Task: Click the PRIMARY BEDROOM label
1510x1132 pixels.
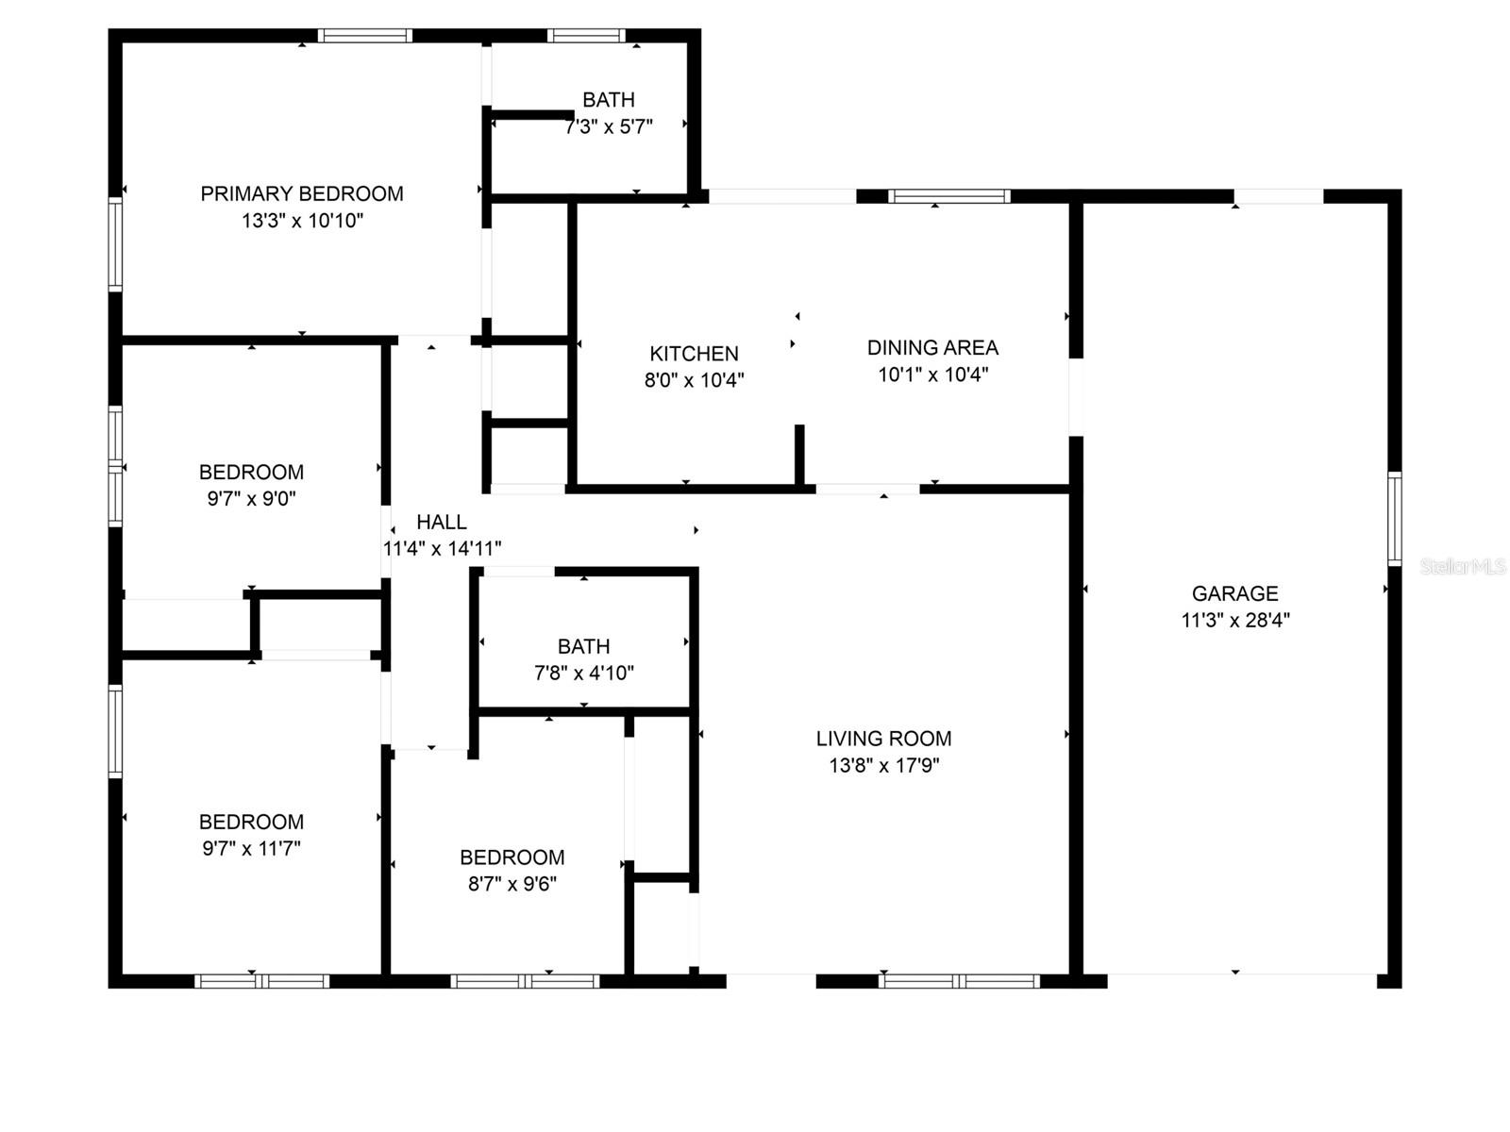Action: click(x=302, y=193)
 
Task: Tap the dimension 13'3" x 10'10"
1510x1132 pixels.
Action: click(x=302, y=221)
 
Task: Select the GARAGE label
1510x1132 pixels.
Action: click(x=1234, y=593)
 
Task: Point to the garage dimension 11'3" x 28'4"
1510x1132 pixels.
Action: click(x=1234, y=620)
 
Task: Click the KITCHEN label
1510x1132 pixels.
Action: click(x=694, y=354)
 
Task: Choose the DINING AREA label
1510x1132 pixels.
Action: click(x=932, y=347)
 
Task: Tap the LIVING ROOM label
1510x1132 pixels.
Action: click(x=883, y=739)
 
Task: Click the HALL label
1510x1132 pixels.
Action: click(x=442, y=522)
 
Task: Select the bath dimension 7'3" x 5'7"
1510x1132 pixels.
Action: click(x=609, y=126)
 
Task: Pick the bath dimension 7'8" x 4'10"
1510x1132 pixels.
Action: click(x=583, y=673)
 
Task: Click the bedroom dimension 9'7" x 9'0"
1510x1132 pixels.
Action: click(x=251, y=498)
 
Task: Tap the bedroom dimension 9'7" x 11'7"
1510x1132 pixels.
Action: click(x=251, y=848)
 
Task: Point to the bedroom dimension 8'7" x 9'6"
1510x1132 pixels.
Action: click(x=512, y=884)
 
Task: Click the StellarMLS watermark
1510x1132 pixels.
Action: click(x=1463, y=566)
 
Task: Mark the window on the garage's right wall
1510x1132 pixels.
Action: click(x=1394, y=518)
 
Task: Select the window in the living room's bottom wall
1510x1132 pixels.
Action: click(x=958, y=981)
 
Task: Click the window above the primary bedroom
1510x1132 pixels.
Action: click(x=365, y=36)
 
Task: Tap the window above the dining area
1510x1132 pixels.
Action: click(x=949, y=196)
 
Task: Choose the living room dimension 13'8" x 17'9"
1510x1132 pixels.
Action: click(x=883, y=765)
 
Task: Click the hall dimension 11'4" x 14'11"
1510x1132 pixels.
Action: click(x=442, y=548)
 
